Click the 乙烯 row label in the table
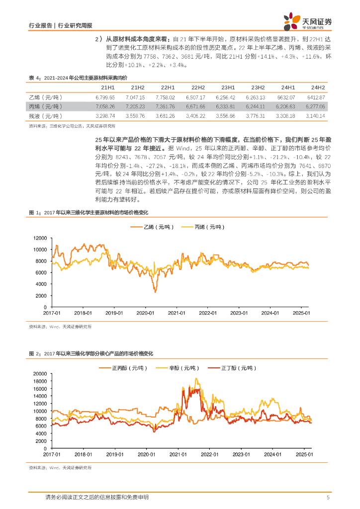tap(45, 97)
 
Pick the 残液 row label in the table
tap(45, 116)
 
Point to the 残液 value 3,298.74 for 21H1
tap(104, 116)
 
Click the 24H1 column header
tap(288, 87)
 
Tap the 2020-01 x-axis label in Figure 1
tap(147, 313)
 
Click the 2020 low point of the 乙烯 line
tap(155, 292)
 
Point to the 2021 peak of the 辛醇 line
tap(197, 379)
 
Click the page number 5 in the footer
tap(328, 497)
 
